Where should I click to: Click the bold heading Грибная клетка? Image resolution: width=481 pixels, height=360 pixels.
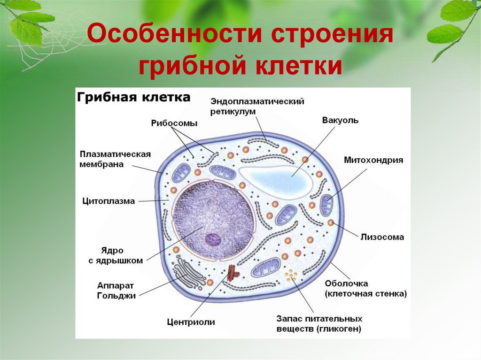pyautogui.click(x=133, y=97)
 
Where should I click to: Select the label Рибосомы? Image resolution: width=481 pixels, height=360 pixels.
pyautogui.click(x=174, y=123)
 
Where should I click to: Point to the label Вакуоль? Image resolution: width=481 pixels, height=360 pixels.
pyautogui.click(x=340, y=120)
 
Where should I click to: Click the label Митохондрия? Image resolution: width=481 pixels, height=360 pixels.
pyautogui.click(x=373, y=160)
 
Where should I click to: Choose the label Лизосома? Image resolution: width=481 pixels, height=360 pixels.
pyautogui.click(x=382, y=237)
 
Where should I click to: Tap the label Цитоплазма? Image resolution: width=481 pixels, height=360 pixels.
pyautogui.click(x=108, y=201)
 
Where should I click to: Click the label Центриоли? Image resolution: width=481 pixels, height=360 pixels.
pyautogui.click(x=191, y=322)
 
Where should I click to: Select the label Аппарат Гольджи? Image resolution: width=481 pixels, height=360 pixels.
pyautogui.click(x=116, y=291)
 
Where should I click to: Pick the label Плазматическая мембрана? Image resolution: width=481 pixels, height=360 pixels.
pyautogui.click(x=115, y=160)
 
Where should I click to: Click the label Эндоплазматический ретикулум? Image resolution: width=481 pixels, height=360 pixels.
pyautogui.click(x=257, y=107)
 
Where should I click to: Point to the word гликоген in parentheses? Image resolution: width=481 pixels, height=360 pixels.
pyautogui.click(x=338, y=329)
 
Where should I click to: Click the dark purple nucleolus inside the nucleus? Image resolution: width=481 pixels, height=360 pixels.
pyautogui.click(x=212, y=239)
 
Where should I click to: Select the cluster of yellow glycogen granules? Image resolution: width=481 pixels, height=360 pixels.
pyautogui.click(x=292, y=275)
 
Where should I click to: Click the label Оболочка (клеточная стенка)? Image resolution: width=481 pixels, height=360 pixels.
pyautogui.click(x=366, y=289)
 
